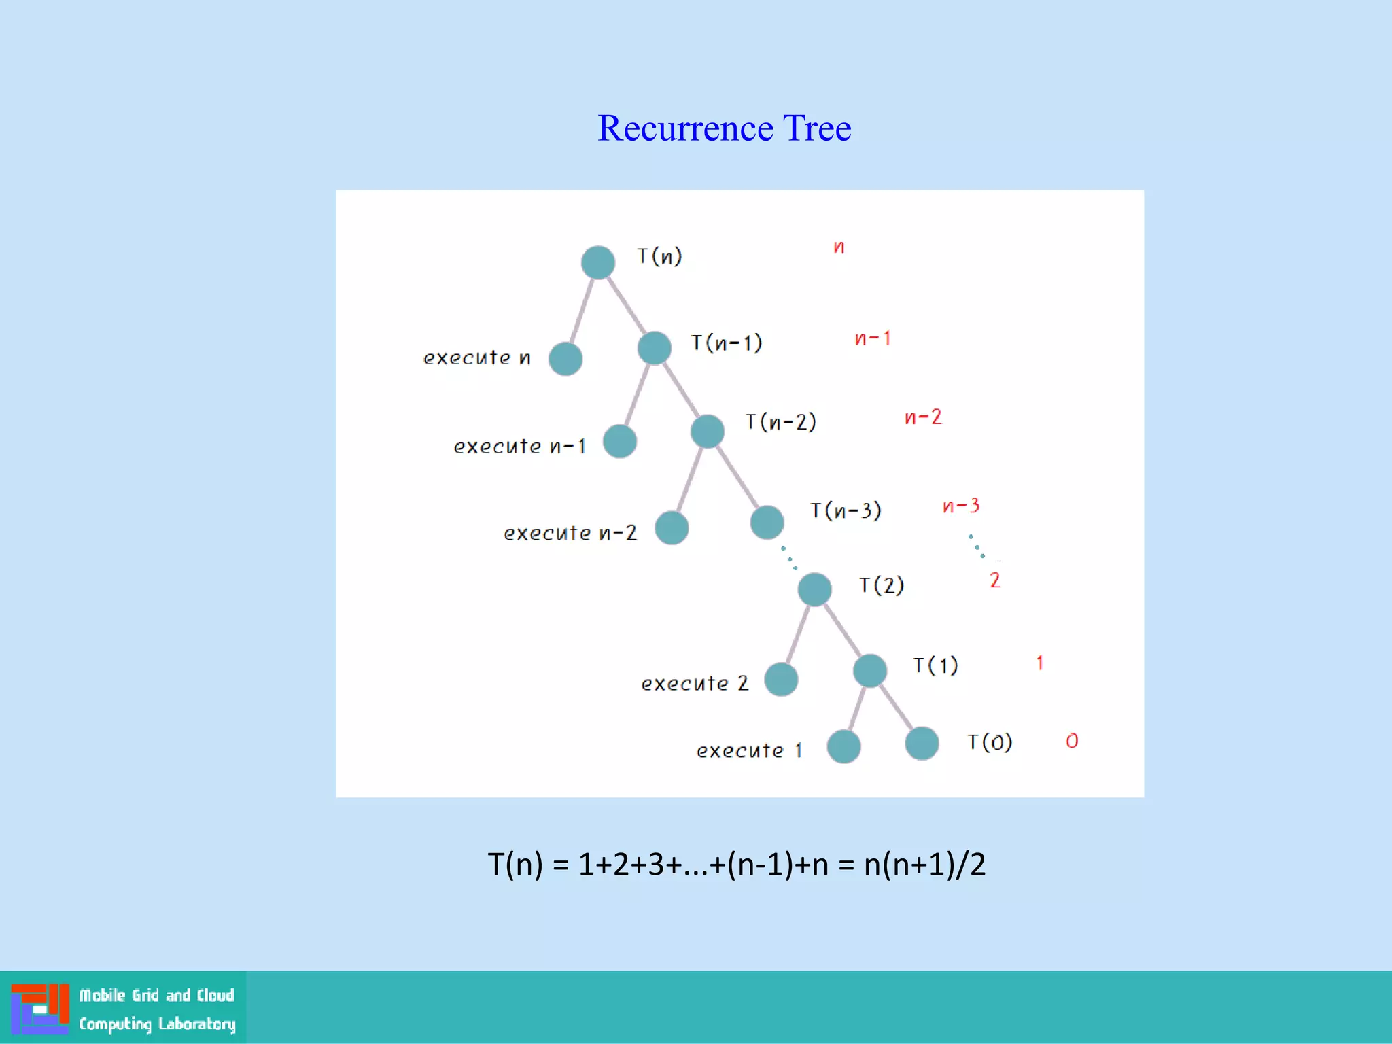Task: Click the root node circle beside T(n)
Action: (598, 262)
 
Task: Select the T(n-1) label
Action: (726, 343)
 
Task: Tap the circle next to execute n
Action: (565, 359)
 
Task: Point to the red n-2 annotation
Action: (923, 417)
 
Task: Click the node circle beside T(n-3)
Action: (767, 522)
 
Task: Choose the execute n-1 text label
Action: (519, 447)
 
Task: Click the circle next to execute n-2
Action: (672, 528)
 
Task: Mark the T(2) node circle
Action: (814, 589)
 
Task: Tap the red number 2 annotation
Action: (995, 580)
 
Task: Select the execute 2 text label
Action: (694, 683)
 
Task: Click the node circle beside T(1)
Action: (870, 671)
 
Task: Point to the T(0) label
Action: (990, 742)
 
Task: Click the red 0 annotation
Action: (1072, 741)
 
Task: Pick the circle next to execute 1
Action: (844, 746)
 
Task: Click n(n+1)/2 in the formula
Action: (924, 865)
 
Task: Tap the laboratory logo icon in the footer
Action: (39, 1009)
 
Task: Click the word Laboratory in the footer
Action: (196, 1024)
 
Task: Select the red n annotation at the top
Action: (839, 247)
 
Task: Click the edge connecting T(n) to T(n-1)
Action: (626, 304)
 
